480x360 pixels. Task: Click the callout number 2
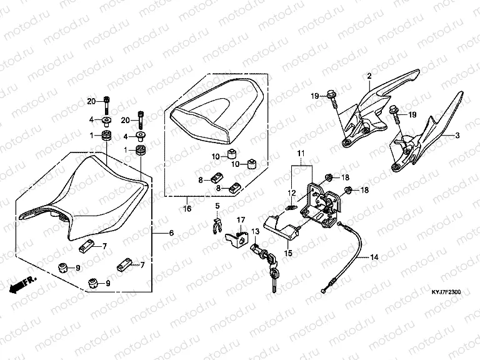pyautogui.click(x=369, y=76)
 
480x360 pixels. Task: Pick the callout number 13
pyautogui.click(x=254, y=231)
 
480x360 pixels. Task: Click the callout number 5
pyautogui.click(x=217, y=206)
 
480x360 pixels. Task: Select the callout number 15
pyautogui.click(x=289, y=252)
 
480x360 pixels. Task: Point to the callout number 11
pyautogui.click(x=299, y=153)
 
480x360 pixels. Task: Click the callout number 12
pyautogui.click(x=290, y=192)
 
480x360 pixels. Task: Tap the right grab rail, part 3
pyautogui.click(x=431, y=144)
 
